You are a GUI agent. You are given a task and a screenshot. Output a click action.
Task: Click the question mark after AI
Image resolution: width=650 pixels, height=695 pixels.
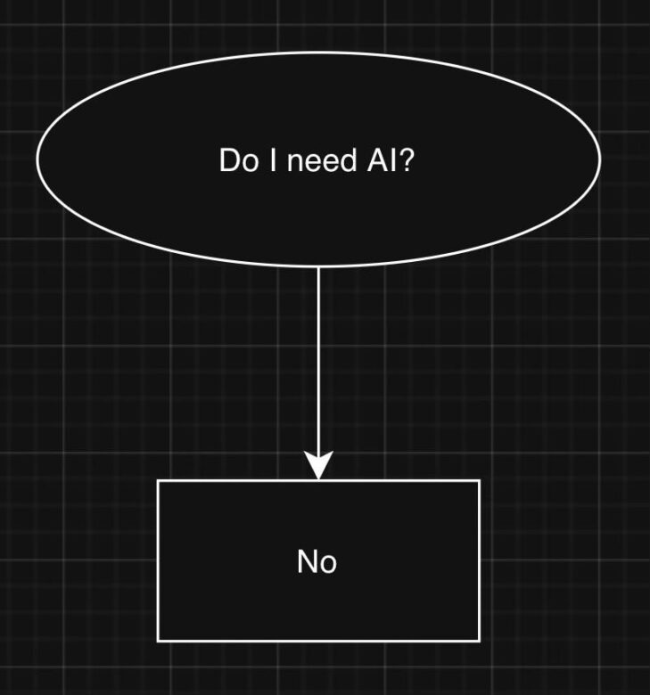point(406,161)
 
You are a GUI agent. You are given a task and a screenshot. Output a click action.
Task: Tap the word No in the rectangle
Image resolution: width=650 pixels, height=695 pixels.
point(317,561)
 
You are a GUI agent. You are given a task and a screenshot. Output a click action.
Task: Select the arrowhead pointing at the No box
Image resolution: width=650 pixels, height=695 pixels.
point(318,466)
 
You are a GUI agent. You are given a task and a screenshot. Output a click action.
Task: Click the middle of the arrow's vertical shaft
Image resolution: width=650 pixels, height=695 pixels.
point(318,361)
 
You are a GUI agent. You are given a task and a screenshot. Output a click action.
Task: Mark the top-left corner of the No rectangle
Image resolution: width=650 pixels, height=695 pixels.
point(159,481)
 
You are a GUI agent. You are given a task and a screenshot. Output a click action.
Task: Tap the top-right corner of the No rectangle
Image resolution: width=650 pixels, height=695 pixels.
point(480,481)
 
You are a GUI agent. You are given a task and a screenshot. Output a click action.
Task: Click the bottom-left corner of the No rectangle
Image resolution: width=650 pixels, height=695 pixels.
point(159,641)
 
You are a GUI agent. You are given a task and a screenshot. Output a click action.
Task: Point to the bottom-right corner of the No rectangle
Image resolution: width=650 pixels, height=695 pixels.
point(480,641)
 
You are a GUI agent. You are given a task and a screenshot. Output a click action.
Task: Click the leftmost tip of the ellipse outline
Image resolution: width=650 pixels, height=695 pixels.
point(37,158)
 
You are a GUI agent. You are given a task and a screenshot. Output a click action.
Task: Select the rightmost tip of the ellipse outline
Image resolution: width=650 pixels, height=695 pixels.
point(600,158)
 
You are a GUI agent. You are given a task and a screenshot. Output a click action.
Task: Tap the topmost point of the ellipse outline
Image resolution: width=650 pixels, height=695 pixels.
point(318,52)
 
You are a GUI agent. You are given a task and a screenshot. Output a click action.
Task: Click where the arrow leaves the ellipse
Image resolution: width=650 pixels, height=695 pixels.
point(318,266)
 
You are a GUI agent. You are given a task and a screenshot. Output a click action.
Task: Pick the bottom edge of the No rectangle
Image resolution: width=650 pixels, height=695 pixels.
point(318,641)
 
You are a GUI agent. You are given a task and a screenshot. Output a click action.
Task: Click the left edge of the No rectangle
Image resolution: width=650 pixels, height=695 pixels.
point(159,561)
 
